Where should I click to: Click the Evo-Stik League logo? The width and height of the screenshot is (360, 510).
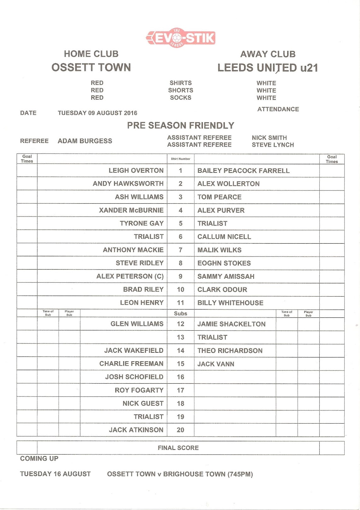pyautogui.click(x=180, y=38)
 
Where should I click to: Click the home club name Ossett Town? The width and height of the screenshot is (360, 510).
pyautogui.click(x=91, y=67)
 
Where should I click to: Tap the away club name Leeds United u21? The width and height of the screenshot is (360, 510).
pyautogui.click(x=267, y=68)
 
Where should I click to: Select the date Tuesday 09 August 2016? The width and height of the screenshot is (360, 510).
pyautogui.click(x=97, y=113)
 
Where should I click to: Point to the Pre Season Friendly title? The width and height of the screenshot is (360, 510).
pyautogui.click(x=180, y=125)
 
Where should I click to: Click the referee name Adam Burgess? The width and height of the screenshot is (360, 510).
pyautogui.click(x=85, y=141)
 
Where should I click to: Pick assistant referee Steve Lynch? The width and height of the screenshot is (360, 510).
pyautogui.click(x=273, y=145)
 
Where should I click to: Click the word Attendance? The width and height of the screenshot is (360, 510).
pyautogui.click(x=278, y=109)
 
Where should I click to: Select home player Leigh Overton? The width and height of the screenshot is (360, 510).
pyautogui.click(x=136, y=171)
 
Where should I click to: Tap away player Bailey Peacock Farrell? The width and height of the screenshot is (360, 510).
pyautogui.click(x=243, y=171)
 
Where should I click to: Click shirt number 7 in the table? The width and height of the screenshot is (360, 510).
pyautogui.click(x=180, y=250)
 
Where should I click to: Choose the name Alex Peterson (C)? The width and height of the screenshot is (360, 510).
pyautogui.click(x=130, y=276)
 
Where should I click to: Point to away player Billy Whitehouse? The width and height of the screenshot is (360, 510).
pyautogui.click(x=230, y=303)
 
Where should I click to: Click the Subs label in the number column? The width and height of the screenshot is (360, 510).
pyautogui.click(x=180, y=314)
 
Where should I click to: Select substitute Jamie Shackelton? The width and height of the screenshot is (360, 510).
pyautogui.click(x=231, y=324)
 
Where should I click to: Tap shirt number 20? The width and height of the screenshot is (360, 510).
pyautogui.click(x=180, y=430)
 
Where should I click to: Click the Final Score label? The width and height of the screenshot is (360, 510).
pyautogui.click(x=178, y=448)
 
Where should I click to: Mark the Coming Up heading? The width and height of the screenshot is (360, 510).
pyautogui.click(x=39, y=459)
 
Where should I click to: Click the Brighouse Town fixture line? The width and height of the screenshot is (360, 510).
pyautogui.click(x=180, y=474)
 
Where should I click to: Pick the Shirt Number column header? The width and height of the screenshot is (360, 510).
pyautogui.click(x=180, y=159)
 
